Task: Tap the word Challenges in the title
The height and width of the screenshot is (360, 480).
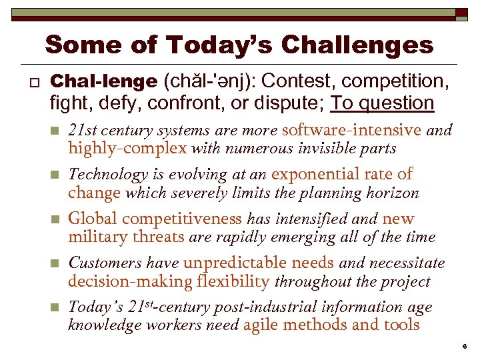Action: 357,45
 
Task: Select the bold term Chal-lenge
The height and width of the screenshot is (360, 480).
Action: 103,81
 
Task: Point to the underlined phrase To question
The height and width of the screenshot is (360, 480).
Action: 383,103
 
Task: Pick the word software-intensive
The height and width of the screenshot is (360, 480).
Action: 352,130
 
